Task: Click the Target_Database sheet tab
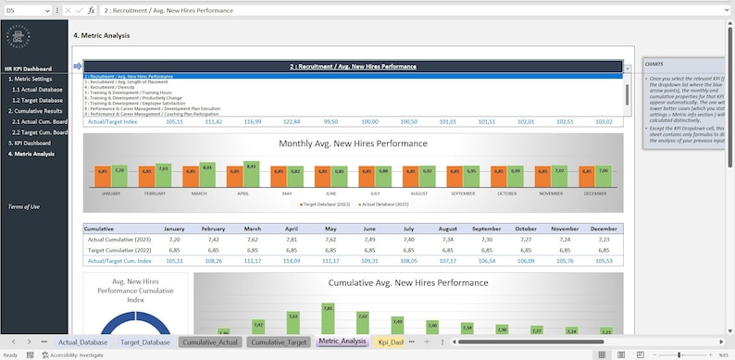click(144, 341)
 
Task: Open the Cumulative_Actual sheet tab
click(210, 341)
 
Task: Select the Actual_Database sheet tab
click(82, 341)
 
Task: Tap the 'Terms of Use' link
click(23, 206)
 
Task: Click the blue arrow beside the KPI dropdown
click(78, 67)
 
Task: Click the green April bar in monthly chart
click(250, 175)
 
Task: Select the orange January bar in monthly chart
click(104, 178)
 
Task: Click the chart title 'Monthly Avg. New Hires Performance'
click(353, 143)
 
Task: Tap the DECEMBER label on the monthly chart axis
click(595, 193)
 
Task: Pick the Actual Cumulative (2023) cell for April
click(292, 239)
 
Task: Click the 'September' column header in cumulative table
click(487, 228)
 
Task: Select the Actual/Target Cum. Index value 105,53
click(604, 260)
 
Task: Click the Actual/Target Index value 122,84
click(292, 121)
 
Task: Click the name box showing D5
click(28, 9)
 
